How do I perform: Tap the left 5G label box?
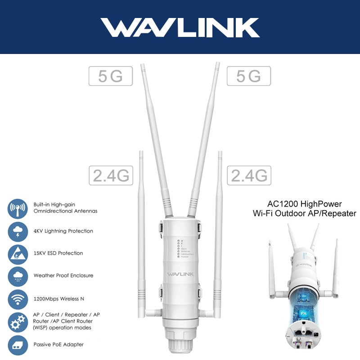[x=111, y=76]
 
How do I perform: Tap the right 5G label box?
[x=249, y=76]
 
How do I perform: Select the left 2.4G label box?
[x=111, y=175]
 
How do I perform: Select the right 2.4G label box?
[x=249, y=175]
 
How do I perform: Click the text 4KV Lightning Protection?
[x=63, y=231]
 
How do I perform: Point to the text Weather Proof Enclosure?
[x=63, y=275]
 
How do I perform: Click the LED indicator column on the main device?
[x=179, y=248]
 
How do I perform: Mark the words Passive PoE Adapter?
[x=58, y=345]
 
